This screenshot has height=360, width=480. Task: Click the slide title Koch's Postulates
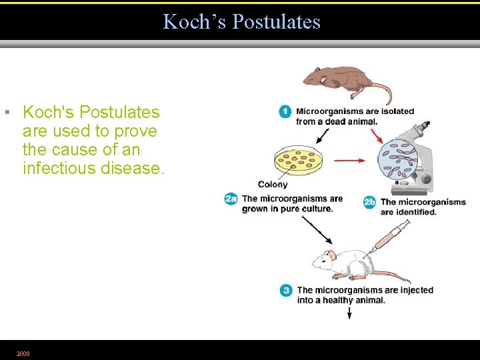tap(241, 22)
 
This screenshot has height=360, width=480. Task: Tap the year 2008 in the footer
tap(23, 353)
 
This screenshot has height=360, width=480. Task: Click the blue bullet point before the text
tap(6, 112)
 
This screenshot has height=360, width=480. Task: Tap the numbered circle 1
tap(285, 111)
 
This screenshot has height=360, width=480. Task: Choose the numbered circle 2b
tap(370, 202)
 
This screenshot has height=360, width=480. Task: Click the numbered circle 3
tap(286, 291)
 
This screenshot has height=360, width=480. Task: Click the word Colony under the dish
tap(273, 184)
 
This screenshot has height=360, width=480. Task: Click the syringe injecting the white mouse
tap(390, 237)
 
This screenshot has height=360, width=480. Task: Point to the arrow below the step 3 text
tap(349, 312)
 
